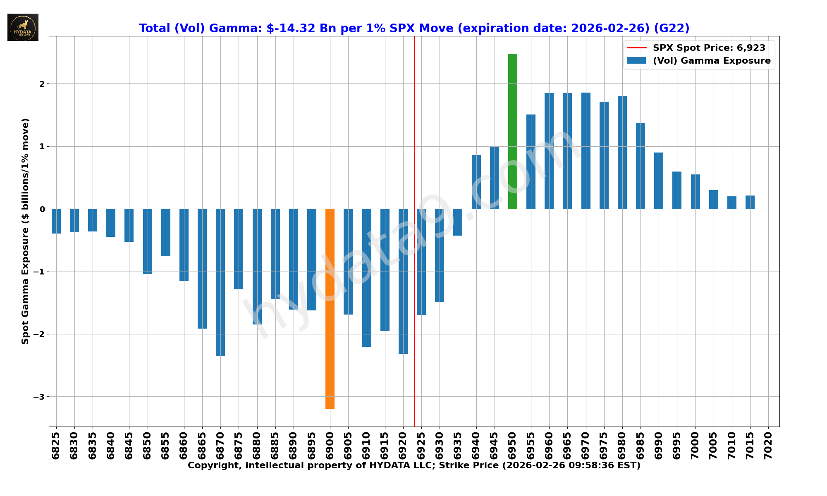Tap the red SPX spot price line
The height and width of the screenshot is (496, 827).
pos(414,124)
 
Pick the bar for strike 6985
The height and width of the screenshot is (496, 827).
pos(641,166)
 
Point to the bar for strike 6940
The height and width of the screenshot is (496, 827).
pos(476,182)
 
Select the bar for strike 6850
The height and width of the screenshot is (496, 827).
pos(148,241)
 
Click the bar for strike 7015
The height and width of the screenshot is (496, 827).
pos(750,202)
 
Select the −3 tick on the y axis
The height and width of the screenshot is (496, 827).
pos(39,397)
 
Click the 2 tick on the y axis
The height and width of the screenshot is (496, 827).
pos(42,84)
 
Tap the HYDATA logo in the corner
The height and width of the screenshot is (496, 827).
pos(23,27)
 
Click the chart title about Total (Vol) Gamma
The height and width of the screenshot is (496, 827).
pos(414,28)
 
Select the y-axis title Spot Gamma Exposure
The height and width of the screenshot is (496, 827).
pos(26,231)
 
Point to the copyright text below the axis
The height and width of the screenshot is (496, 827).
pos(414,465)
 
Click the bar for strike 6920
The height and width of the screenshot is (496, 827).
pos(403,281)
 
